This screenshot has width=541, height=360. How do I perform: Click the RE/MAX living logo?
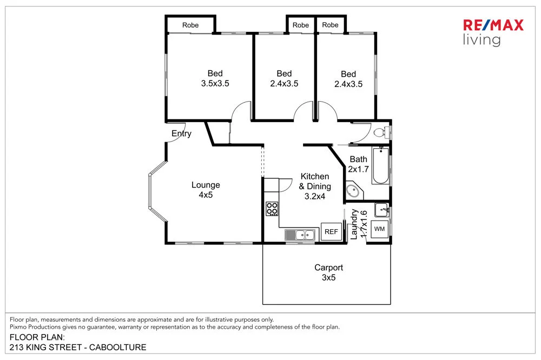pos(493,32)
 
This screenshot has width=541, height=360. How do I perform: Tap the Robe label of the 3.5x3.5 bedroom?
pos(190,25)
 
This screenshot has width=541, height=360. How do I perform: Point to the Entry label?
pos(181,134)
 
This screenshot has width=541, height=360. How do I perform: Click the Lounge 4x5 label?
pos(206,190)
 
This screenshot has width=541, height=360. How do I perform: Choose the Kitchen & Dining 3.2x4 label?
pos(315,186)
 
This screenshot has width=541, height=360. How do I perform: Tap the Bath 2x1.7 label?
pos(358,164)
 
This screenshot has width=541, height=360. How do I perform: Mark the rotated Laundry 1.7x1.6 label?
pos(359,224)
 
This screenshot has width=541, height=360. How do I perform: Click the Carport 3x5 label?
pos(329,272)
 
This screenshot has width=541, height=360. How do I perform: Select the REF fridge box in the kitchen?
pos(331,232)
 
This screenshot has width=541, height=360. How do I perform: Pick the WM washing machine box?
pos(380,229)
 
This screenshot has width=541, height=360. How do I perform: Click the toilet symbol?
pos(380,132)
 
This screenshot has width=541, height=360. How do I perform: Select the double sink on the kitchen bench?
pos(301,235)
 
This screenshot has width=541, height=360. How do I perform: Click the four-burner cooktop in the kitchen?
pos(272,208)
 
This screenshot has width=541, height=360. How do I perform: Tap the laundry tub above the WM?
pos(381,210)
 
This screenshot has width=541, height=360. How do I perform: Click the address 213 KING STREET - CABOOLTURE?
pos(78,347)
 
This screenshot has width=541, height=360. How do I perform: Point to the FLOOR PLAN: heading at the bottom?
pos(37,337)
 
